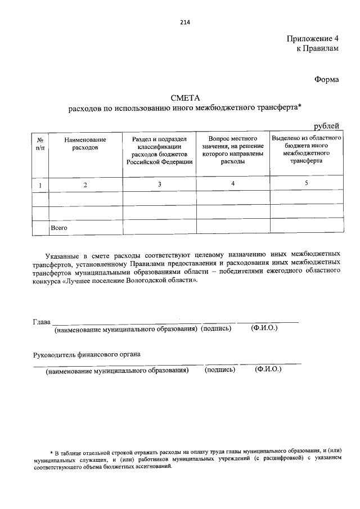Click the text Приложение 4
(x=313, y=39)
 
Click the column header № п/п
(x=39, y=143)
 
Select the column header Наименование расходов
(x=85, y=143)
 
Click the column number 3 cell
(x=159, y=184)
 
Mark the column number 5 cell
(x=306, y=183)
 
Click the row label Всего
(x=59, y=228)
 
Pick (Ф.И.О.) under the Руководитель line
(x=268, y=370)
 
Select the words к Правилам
(x=318, y=49)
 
